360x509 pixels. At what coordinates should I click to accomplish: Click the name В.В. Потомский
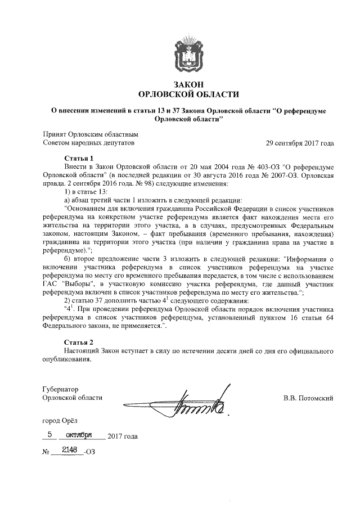308,398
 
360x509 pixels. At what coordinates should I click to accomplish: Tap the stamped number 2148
65,449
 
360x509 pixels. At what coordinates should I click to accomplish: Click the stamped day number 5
51,434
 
